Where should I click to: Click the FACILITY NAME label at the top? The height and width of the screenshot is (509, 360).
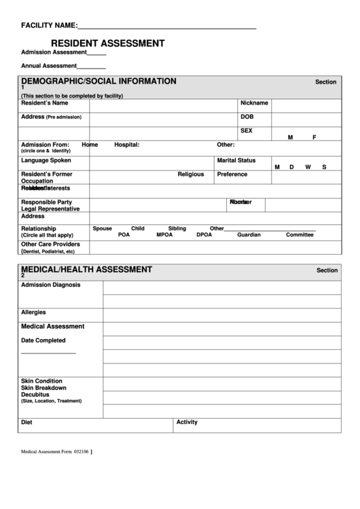[x=49, y=26]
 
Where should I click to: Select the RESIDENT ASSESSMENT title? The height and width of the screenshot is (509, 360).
[x=107, y=43]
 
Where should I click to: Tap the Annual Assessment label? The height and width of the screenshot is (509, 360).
[x=49, y=66]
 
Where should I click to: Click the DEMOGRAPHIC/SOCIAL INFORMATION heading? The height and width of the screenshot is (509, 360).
[x=98, y=82]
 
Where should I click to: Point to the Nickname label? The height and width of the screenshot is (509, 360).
[x=254, y=103]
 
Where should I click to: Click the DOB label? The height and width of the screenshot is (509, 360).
[x=247, y=116]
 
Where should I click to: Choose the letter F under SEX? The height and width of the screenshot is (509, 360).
[x=314, y=137]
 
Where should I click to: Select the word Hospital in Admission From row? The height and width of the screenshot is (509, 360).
[x=126, y=145]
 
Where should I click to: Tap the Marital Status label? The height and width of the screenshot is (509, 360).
[x=236, y=160]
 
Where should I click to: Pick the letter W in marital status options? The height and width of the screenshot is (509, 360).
[x=308, y=167]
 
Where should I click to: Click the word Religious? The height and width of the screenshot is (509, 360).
[x=191, y=174]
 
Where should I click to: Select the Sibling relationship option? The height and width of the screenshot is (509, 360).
[x=177, y=228]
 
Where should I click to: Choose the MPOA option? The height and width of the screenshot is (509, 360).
[x=164, y=235]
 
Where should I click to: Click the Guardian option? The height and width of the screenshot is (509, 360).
[x=249, y=235]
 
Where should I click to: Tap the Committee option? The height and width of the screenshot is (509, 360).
[x=300, y=235]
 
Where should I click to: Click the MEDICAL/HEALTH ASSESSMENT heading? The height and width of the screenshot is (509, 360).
[x=86, y=269]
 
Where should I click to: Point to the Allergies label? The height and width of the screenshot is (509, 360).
[x=33, y=312]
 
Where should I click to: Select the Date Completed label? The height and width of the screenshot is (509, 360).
[x=43, y=340]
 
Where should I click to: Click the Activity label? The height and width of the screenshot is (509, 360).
[x=187, y=422]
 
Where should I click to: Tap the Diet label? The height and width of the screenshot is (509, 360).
[x=26, y=422]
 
